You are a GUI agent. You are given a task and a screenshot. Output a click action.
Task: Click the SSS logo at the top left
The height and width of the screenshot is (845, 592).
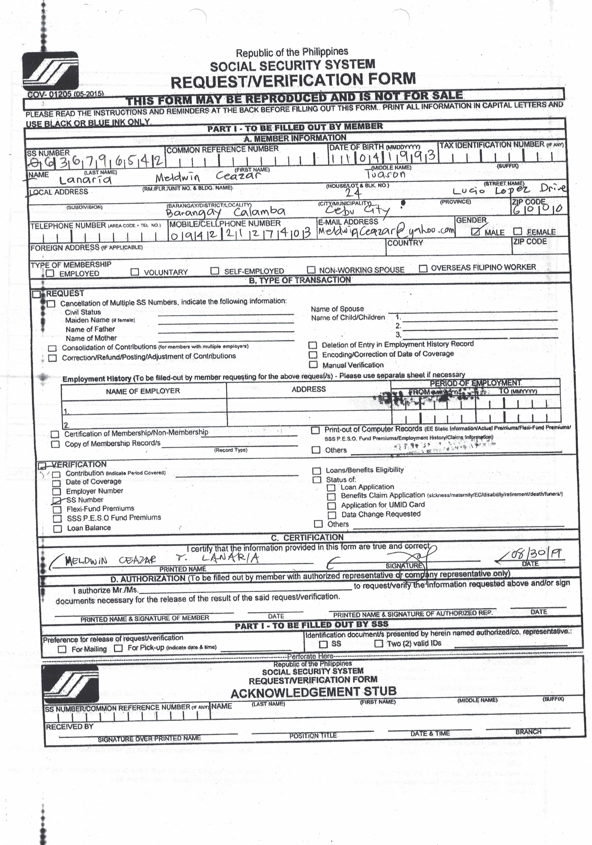(x=50, y=71)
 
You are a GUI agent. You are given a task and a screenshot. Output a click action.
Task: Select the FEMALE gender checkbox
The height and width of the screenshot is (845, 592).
(x=518, y=231)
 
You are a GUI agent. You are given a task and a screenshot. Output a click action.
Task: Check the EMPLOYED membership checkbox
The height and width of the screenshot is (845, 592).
(x=50, y=273)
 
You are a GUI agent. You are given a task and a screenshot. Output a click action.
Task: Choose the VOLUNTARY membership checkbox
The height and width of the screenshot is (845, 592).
(x=135, y=272)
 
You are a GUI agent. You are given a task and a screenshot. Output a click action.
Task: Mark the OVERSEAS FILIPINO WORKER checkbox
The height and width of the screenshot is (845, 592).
(x=423, y=268)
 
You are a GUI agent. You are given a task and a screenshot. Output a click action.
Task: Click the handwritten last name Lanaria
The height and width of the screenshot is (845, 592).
(x=85, y=180)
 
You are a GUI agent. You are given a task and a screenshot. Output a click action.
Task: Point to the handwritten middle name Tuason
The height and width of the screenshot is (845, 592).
(x=385, y=174)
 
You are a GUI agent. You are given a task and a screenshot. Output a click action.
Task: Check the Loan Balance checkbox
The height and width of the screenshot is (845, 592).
(x=58, y=529)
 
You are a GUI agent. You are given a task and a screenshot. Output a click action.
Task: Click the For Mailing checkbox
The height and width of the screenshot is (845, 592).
(x=62, y=649)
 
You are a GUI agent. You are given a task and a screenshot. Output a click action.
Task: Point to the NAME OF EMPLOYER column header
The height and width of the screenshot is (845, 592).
(x=143, y=391)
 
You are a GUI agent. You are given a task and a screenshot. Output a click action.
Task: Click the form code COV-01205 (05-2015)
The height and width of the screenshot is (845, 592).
(x=66, y=94)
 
